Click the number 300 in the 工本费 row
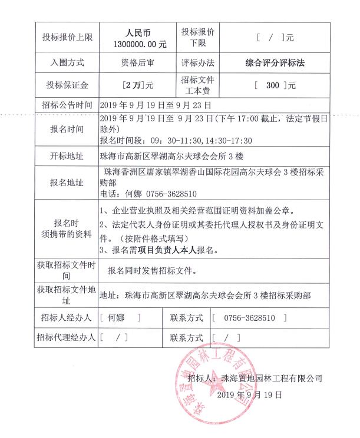(x=272, y=85)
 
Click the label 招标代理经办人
(x=66, y=337)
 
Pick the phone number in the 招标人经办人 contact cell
(x=249, y=317)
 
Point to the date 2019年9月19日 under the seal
(x=250, y=395)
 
